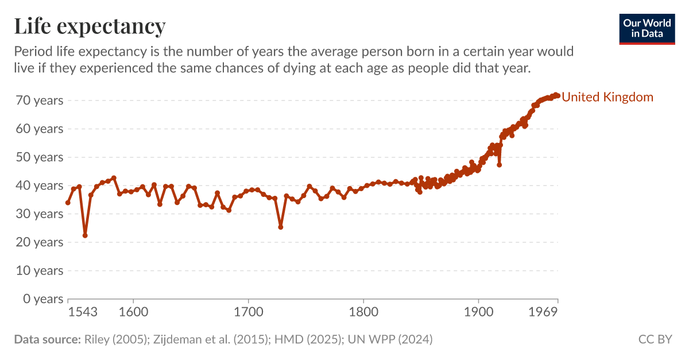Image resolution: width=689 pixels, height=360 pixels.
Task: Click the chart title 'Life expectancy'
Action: coord(90,26)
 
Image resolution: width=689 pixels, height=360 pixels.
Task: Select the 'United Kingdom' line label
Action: coord(607,97)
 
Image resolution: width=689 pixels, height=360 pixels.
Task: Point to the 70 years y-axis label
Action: coord(40,100)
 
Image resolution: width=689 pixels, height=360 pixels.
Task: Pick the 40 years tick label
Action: coord(40,185)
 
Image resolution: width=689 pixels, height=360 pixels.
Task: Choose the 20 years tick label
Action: coord(40,242)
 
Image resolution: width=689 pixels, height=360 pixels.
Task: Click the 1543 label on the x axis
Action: coord(83,312)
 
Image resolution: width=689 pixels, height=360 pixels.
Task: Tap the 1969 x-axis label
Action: coord(543,312)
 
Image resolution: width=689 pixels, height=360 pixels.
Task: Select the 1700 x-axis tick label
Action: coord(248,312)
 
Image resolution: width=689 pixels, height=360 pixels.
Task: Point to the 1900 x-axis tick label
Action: coord(478,312)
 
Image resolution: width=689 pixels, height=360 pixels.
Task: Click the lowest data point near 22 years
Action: coord(85,235)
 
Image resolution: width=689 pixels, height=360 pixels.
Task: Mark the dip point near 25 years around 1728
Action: coord(281,227)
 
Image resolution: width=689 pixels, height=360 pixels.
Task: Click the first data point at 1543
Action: coord(68,203)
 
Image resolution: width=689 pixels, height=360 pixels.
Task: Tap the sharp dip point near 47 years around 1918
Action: coord(500,165)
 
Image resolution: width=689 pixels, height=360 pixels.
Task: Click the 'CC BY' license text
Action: coord(655,339)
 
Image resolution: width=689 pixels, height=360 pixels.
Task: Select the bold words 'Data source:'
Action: coord(47,339)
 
